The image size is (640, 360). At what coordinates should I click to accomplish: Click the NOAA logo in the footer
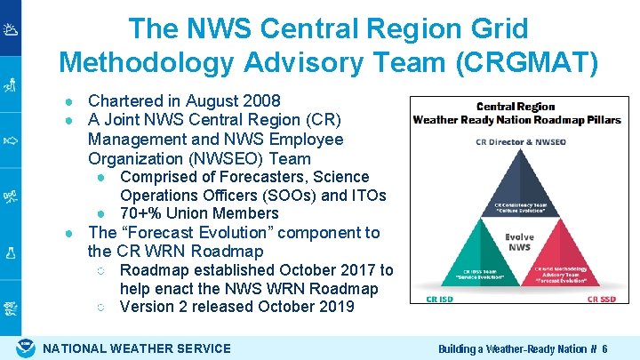tap(27, 348)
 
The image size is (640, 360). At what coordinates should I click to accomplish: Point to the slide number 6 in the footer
tap(604, 349)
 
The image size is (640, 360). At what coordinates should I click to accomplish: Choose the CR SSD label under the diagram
tap(603, 300)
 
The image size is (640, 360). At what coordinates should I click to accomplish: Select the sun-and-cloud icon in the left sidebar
tap(11, 31)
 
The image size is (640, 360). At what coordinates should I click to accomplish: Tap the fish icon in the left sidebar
tap(11, 140)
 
